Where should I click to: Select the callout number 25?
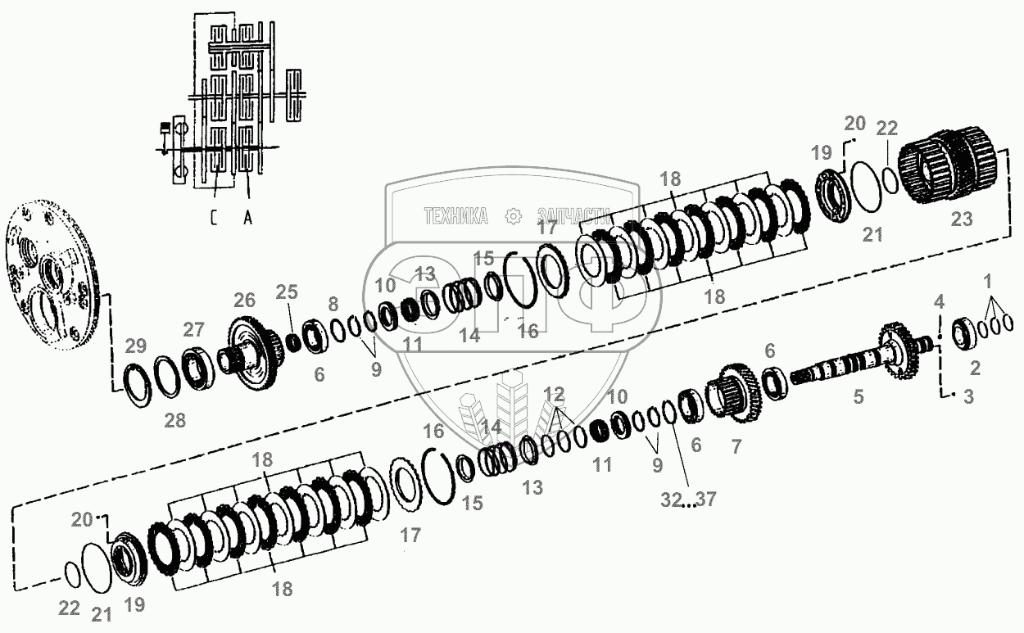[288, 292]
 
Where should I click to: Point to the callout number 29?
[136, 346]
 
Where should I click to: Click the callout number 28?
[174, 421]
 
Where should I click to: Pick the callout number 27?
[194, 330]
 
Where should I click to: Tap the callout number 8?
[333, 304]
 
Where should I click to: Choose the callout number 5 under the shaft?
[858, 397]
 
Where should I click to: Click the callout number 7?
[735, 447]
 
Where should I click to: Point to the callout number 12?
[554, 392]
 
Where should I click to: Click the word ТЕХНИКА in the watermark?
[455, 215]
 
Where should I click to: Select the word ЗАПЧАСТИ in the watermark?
[574, 215]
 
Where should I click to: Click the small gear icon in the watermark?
[514, 215]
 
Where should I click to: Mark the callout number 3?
[968, 399]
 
